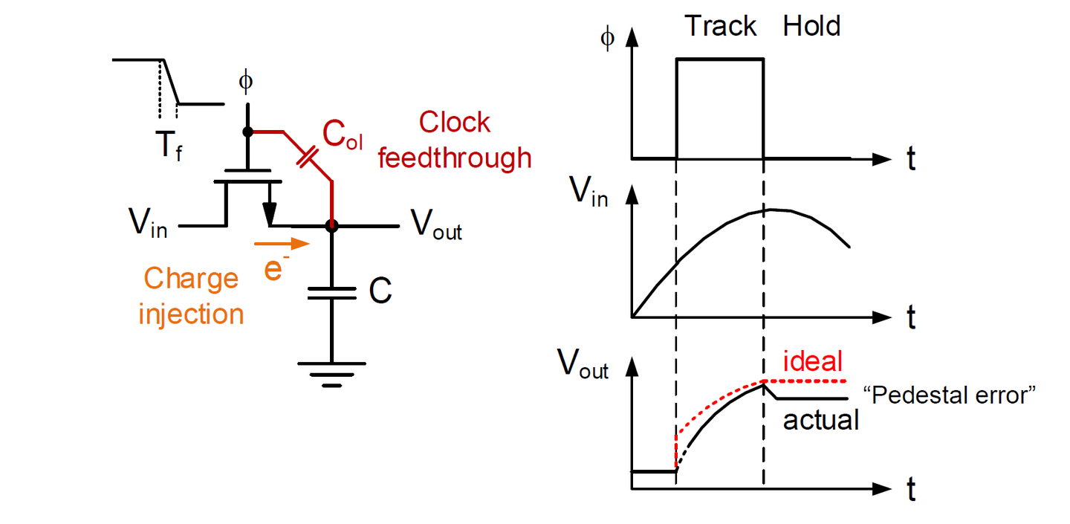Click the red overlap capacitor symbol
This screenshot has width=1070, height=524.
(x=307, y=157)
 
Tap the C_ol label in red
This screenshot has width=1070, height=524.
(x=343, y=135)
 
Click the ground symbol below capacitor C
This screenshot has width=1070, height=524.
(x=331, y=375)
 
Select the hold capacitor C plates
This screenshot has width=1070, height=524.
(x=331, y=294)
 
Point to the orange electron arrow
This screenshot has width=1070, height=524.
(x=282, y=244)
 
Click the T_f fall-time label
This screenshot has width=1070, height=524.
(x=169, y=145)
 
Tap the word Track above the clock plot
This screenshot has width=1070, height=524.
(x=720, y=26)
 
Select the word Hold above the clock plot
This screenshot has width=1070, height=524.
(x=811, y=26)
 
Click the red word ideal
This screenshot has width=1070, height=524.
(x=813, y=361)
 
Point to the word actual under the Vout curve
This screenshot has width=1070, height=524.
(x=820, y=421)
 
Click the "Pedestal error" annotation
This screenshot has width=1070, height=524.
(x=949, y=395)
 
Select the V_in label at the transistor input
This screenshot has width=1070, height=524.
(x=148, y=222)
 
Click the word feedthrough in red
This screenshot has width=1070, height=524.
(x=455, y=158)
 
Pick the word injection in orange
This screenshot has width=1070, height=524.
(x=191, y=315)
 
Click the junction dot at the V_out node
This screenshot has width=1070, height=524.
(x=331, y=226)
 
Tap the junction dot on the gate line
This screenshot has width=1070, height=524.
(x=247, y=132)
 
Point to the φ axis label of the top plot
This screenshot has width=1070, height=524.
(x=607, y=38)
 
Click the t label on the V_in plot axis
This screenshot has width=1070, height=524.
(x=911, y=317)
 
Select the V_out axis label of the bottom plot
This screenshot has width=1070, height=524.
(x=583, y=364)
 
